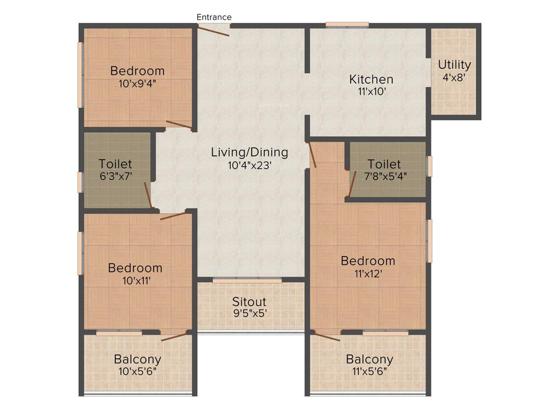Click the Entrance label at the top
(x=214, y=17)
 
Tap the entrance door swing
(x=214, y=31)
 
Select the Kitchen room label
(x=371, y=80)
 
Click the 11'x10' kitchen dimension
(x=371, y=92)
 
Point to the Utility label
(x=454, y=65)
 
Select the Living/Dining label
(x=249, y=152)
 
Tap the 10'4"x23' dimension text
(x=249, y=165)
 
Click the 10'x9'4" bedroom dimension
(x=137, y=84)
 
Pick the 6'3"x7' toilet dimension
(x=115, y=176)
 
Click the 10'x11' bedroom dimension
(x=135, y=281)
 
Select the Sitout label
(x=249, y=302)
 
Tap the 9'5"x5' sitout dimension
(x=249, y=314)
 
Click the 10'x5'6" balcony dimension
(x=137, y=372)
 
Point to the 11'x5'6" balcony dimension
(x=369, y=372)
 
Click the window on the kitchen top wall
(x=347, y=24)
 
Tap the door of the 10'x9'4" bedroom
(x=179, y=125)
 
